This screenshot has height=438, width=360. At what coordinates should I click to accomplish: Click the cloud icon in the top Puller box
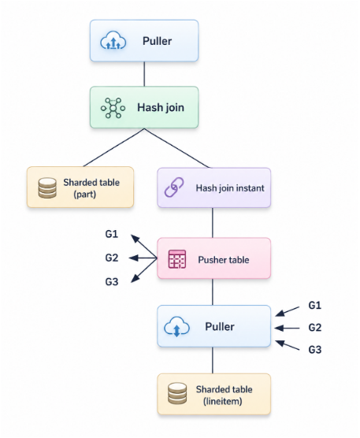pyautogui.click(x=113, y=41)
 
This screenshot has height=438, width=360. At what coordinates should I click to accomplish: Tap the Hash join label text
pyautogui.click(x=161, y=107)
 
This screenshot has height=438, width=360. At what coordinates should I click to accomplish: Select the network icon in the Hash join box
pyautogui.click(x=113, y=108)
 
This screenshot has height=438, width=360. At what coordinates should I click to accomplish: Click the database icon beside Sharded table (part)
pyautogui.click(x=47, y=187)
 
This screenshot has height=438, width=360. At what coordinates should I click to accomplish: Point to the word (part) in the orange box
pyautogui.click(x=84, y=194)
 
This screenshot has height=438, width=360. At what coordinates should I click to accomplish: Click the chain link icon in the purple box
pyautogui.click(x=174, y=187)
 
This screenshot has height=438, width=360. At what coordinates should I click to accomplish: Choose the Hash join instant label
pyautogui.click(x=230, y=188)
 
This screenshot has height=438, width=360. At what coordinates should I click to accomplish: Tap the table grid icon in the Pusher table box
pyautogui.click(x=177, y=259)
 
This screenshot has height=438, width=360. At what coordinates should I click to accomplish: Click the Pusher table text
pyautogui.click(x=224, y=260)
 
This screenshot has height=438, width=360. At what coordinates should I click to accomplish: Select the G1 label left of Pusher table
pyautogui.click(x=111, y=234)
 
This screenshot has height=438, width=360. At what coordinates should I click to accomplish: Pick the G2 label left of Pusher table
pyautogui.click(x=111, y=258)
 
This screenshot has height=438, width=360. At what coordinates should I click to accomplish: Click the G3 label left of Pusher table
pyautogui.click(x=111, y=281)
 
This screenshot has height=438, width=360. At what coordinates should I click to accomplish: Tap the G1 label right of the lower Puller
pyautogui.click(x=315, y=305)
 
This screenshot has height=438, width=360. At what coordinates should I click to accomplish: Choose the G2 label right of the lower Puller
pyautogui.click(x=315, y=328)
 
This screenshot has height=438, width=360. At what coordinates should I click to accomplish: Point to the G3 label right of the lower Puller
pyautogui.click(x=315, y=350)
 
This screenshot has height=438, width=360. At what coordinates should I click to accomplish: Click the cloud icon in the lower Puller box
pyautogui.click(x=176, y=327)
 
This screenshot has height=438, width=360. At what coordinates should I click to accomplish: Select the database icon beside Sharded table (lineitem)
pyautogui.click(x=177, y=393)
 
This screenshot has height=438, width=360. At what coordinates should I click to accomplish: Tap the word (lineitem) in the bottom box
pyautogui.click(x=223, y=402)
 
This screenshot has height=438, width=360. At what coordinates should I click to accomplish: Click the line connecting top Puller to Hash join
pyautogui.click(x=144, y=74)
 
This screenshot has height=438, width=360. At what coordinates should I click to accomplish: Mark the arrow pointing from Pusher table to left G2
pyautogui.click(x=143, y=258)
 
